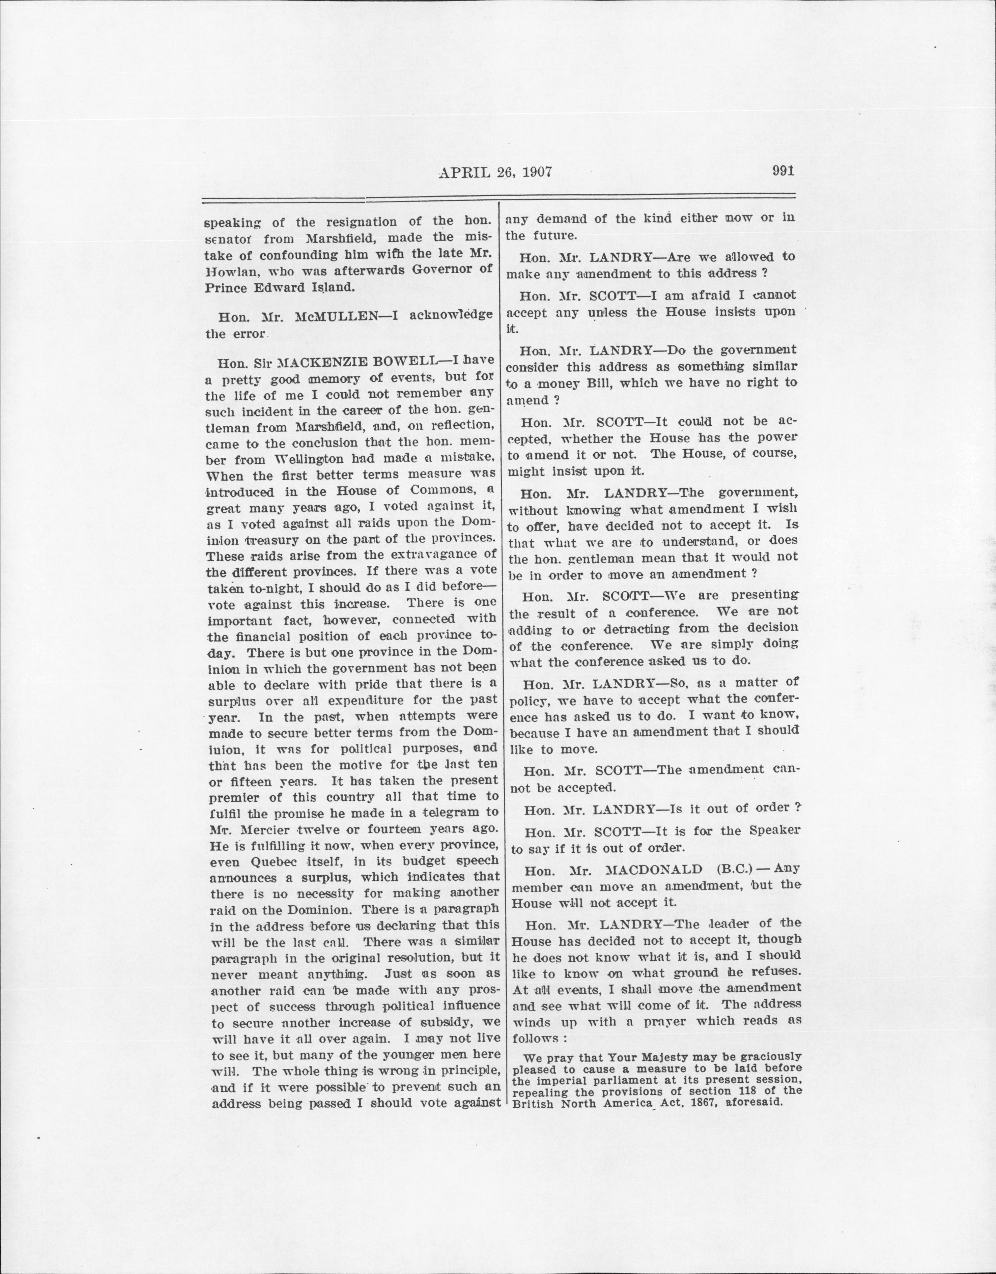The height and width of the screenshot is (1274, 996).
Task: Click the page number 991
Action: (783, 171)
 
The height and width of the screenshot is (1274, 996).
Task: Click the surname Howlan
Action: (228, 270)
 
